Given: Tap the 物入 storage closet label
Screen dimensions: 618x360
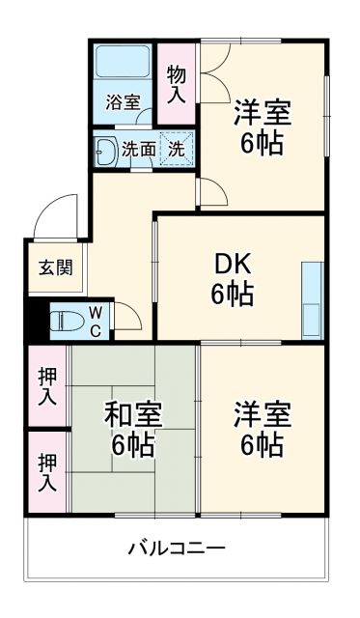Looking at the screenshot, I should click(177, 83).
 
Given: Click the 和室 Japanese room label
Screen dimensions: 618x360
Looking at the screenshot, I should click(134, 416).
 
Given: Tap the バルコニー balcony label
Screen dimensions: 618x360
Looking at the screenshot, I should click(178, 548).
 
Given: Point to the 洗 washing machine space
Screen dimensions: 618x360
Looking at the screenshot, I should click(177, 150).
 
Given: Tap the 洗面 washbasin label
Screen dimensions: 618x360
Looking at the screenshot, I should click(139, 150).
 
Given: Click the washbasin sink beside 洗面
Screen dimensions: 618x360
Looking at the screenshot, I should click(104, 150).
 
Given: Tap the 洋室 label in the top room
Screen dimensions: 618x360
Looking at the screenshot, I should click(262, 111).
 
